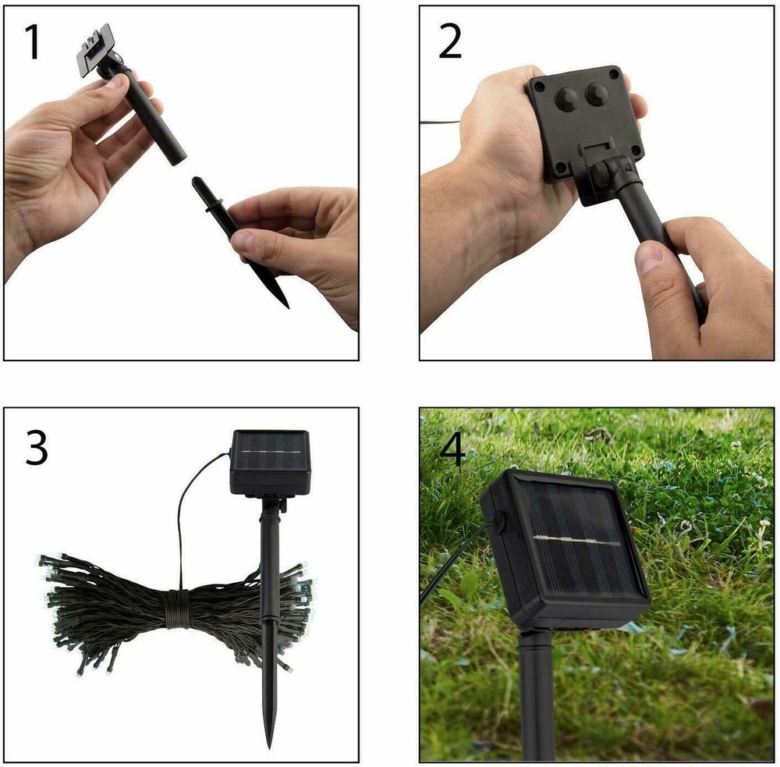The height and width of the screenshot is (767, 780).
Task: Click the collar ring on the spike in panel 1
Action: [x=207, y=205]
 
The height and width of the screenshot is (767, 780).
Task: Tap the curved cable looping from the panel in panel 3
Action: [x=190, y=499]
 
